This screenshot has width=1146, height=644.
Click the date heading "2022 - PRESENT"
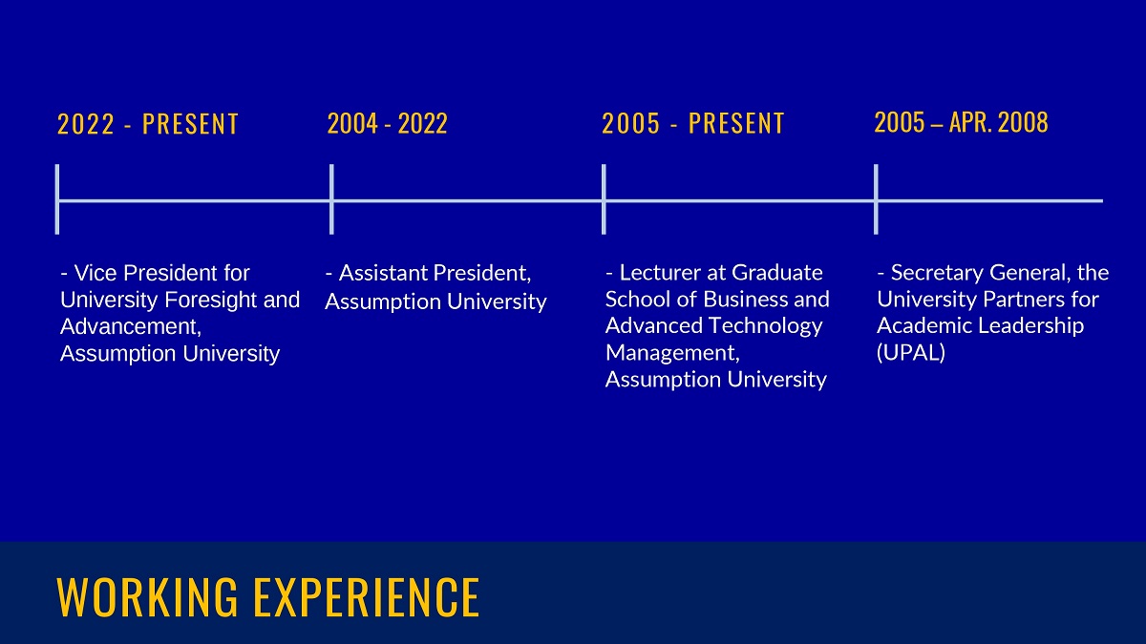coord(148,124)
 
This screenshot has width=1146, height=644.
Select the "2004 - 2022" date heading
coord(388,124)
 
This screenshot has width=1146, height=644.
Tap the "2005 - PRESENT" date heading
coord(692,124)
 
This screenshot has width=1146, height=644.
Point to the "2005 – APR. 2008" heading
coord(962,123)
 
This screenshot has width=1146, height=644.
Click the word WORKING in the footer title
coord(147,597)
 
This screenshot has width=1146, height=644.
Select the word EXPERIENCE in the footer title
coord(367,597)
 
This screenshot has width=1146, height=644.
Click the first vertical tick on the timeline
coord(57,199)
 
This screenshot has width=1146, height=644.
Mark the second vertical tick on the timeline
coord(331,199)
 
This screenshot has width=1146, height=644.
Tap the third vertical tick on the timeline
coord(604,199)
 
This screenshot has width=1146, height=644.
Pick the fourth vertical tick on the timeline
coord(876,199)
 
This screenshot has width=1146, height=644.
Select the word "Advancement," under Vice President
coord(131,326)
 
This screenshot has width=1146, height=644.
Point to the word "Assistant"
coord(383,273)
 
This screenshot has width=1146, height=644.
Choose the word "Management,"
coord(672,353)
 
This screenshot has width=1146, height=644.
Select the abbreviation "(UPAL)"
coord(911,353)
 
